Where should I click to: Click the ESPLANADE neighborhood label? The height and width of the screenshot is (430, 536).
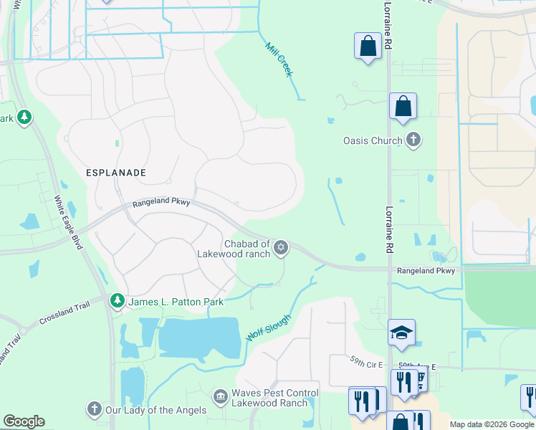pyautogui.click(x=116, y=173)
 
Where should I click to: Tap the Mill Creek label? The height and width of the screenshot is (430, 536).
pyautogui.click(x=279, y=59)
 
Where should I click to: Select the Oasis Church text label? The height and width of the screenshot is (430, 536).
pyautogui.click(x=373, y=140)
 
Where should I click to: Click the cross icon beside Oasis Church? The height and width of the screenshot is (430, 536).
pyautogui.click(x=413, y=140)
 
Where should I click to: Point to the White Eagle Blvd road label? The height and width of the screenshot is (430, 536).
pyautogui.click(x=70, y=223)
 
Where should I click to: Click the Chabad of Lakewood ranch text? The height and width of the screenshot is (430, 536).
pyautogui.click(x=234, y=249)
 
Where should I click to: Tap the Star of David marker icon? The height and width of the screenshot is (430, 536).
pyautogui.click(x=281, y=248)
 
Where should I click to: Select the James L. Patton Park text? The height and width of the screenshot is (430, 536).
pyautogui.click(x=176, y=302)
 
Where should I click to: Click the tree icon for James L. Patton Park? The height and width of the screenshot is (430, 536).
pyautogui.click(x=117, y=302)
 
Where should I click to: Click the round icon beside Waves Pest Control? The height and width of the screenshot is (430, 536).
pyautogui.click(x=221, y=396)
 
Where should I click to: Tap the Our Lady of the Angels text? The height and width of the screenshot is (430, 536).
pyautogui.click(x=156, y=411)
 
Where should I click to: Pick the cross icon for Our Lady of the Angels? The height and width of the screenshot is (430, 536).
pyautogui.click(x=94, y=410)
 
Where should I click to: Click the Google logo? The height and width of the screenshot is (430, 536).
pyautogui.click(x=24, y=421)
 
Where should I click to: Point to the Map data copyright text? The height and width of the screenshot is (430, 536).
pyautogui.click(x=492, y=424)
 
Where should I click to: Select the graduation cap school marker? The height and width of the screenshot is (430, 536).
pyautogui.click(x=402, y=332)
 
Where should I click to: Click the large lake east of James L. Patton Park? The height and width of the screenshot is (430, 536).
pyautogui.click(x=199, y=337)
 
